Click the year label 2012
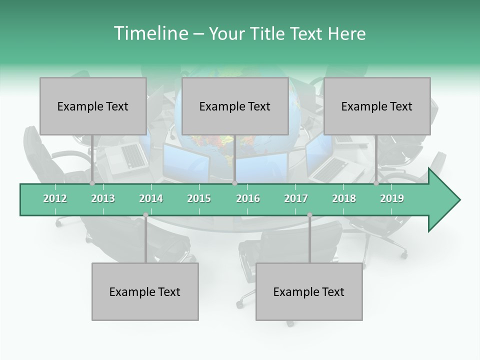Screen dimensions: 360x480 tap(55, 198)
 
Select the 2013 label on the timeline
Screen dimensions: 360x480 tap(103, 198)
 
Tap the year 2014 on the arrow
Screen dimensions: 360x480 tap(151, 198)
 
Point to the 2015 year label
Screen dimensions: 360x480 tap(199, 198)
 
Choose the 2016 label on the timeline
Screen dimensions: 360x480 tap(248, 198)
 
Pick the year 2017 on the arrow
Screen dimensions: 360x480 tap(296, 198)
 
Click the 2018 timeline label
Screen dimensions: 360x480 tap(344, 198)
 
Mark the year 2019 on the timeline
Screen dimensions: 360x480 tap(392, 198)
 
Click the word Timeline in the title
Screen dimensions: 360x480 tap(150, 33)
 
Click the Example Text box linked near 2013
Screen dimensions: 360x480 tap(93, 106)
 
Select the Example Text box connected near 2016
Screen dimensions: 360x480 tap(235, 106)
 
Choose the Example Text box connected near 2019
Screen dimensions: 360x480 tap(377, 106)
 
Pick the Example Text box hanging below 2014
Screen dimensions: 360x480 tap(145, 291)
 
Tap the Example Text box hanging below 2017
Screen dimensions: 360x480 tap(309, 291)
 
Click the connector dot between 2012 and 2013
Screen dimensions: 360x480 tap(92, 183)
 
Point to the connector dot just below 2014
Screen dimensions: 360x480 tap(145, 215)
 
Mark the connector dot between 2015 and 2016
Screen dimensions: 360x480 tap(234, 183)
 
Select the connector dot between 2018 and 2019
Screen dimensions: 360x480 tap(376, 183)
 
